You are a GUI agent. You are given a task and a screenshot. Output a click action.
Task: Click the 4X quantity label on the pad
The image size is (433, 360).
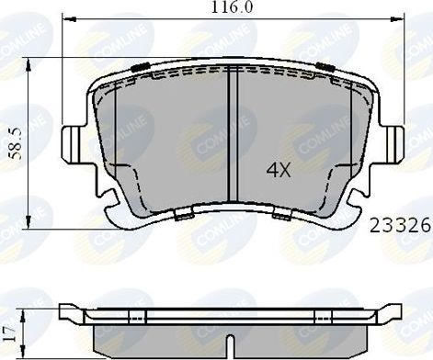click(279, 171)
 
